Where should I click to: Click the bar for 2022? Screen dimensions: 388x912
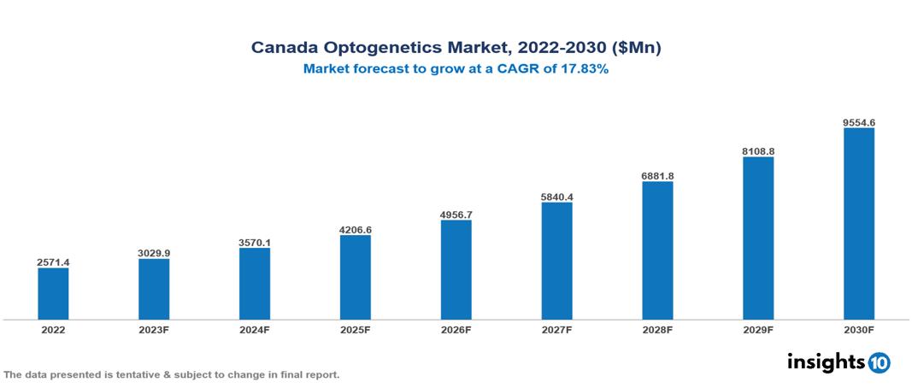(x=53, y=293)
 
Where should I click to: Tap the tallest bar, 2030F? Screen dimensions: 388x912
(x=858, y=224)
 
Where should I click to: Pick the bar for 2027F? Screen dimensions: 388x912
(x=556, y=261)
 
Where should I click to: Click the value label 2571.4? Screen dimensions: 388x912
(x=53, y=262)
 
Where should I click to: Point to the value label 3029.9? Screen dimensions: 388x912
(x=154, y=253)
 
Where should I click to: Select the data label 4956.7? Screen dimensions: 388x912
(x=456, y=214)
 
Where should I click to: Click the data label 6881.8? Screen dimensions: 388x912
(x=657, y=175)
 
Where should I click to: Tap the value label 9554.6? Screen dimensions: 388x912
(x=858, y=122)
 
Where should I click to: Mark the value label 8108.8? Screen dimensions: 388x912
(x=757, y=151)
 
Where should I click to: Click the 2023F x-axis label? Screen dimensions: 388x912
(x=154, y=330)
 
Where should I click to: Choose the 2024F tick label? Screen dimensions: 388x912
(x=255, y=330)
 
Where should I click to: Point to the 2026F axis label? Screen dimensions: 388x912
(x=456, y=330)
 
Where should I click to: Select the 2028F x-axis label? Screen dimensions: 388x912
(x=657, y=330)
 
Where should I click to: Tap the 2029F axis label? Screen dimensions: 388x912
(x=757, y=330)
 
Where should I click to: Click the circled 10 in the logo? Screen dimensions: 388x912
(x=879, y=362)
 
